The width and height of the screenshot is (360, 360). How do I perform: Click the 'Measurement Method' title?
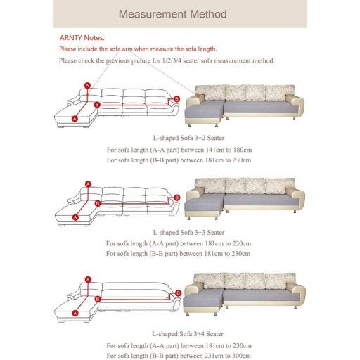[173, 14]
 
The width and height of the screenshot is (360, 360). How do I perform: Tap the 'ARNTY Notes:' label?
[82, 38]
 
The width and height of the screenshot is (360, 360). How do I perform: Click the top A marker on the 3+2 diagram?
[87, 86]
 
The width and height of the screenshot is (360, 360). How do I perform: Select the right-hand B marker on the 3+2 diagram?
[176, 99]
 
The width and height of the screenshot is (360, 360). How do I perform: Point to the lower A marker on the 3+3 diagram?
[75, 217]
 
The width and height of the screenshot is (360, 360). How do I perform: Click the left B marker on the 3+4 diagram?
[98, 299]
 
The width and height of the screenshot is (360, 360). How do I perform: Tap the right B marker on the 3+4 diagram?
[178, 293]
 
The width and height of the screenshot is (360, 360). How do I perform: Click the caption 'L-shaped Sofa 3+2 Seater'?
[188, 138]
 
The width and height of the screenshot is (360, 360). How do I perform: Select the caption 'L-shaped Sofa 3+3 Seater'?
[188, 233]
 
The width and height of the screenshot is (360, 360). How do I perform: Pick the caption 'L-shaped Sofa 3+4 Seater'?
[188, 334]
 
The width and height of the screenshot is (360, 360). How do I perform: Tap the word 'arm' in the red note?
[127, 49]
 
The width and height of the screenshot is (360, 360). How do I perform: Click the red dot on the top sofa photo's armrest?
[198, 95]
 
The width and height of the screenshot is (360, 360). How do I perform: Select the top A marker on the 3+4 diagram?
[88, 279]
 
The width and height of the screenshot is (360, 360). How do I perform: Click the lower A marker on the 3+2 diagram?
[75, 119]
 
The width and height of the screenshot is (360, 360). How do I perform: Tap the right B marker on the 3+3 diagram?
[177, 198]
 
